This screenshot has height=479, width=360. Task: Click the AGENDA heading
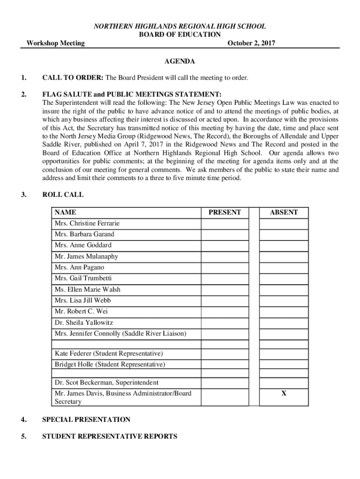[x=180, y=61]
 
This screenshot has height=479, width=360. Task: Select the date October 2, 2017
[x=251, y=44]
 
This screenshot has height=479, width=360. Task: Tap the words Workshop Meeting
[x=55, y=44]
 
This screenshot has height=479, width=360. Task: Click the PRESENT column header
[x=224, y=212]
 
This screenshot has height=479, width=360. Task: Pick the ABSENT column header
[x=283, y=212]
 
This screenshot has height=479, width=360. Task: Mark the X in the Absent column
[x=283, y=393]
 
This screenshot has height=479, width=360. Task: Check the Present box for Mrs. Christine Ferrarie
[x=224, y=224]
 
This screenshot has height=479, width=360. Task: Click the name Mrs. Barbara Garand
[x=84, y=234]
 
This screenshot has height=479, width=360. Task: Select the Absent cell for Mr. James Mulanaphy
[x=283, y=256]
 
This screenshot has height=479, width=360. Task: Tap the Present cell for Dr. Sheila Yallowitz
[x=224, y=323]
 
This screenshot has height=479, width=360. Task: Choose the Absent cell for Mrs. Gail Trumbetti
[x=283, y=278]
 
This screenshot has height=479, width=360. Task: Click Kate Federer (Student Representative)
[x=108, y=353]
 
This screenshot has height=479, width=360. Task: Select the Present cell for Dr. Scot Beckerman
[x=224, y=383]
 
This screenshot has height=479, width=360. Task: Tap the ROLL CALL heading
[x=63, y=195]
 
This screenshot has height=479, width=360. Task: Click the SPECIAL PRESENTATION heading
[x=86, y=420]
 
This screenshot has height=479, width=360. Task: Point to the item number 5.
[x=23, y=436]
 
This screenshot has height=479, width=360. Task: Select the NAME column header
[x=65, y=212]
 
